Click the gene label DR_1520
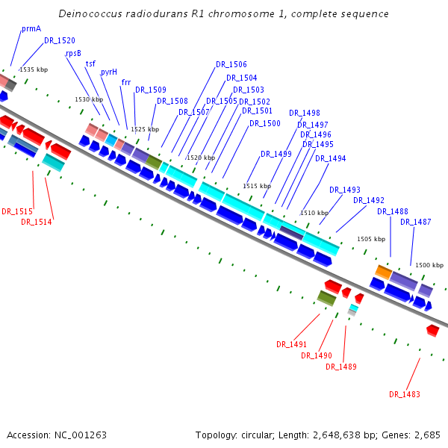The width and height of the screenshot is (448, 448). [x=59, y=41]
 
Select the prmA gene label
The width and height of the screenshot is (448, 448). [x=31, y=28]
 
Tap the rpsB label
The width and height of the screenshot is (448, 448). [x=73, y=53]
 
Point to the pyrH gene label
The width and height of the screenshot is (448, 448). [x=109, y=72]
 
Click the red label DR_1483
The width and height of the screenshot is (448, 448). [x=405, y=394]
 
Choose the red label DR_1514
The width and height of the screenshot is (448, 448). [x=37, y=222]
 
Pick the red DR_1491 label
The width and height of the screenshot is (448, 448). [x=292, y=344]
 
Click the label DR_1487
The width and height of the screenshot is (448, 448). [x=416, y=222]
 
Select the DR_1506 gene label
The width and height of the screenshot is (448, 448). [x=231, y=65]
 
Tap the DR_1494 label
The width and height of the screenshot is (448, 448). [x=331, y=158]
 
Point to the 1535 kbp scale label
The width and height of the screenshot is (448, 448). [x=34, y=69]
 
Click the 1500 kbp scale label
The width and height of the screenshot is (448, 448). [x=429, y=265]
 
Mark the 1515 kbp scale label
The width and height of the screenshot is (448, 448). [x=257, y=186]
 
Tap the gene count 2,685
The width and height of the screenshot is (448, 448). [x=427, y=435]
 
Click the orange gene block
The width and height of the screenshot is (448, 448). [x=383, y=272]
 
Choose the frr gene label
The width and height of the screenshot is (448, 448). [x=126, y=82]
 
